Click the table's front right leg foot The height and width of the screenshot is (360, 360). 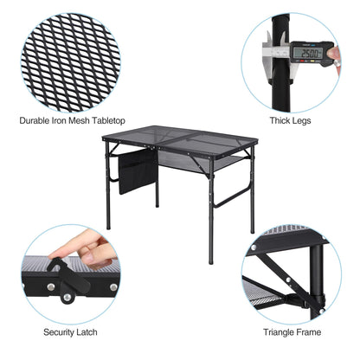(x=209, y=261)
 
